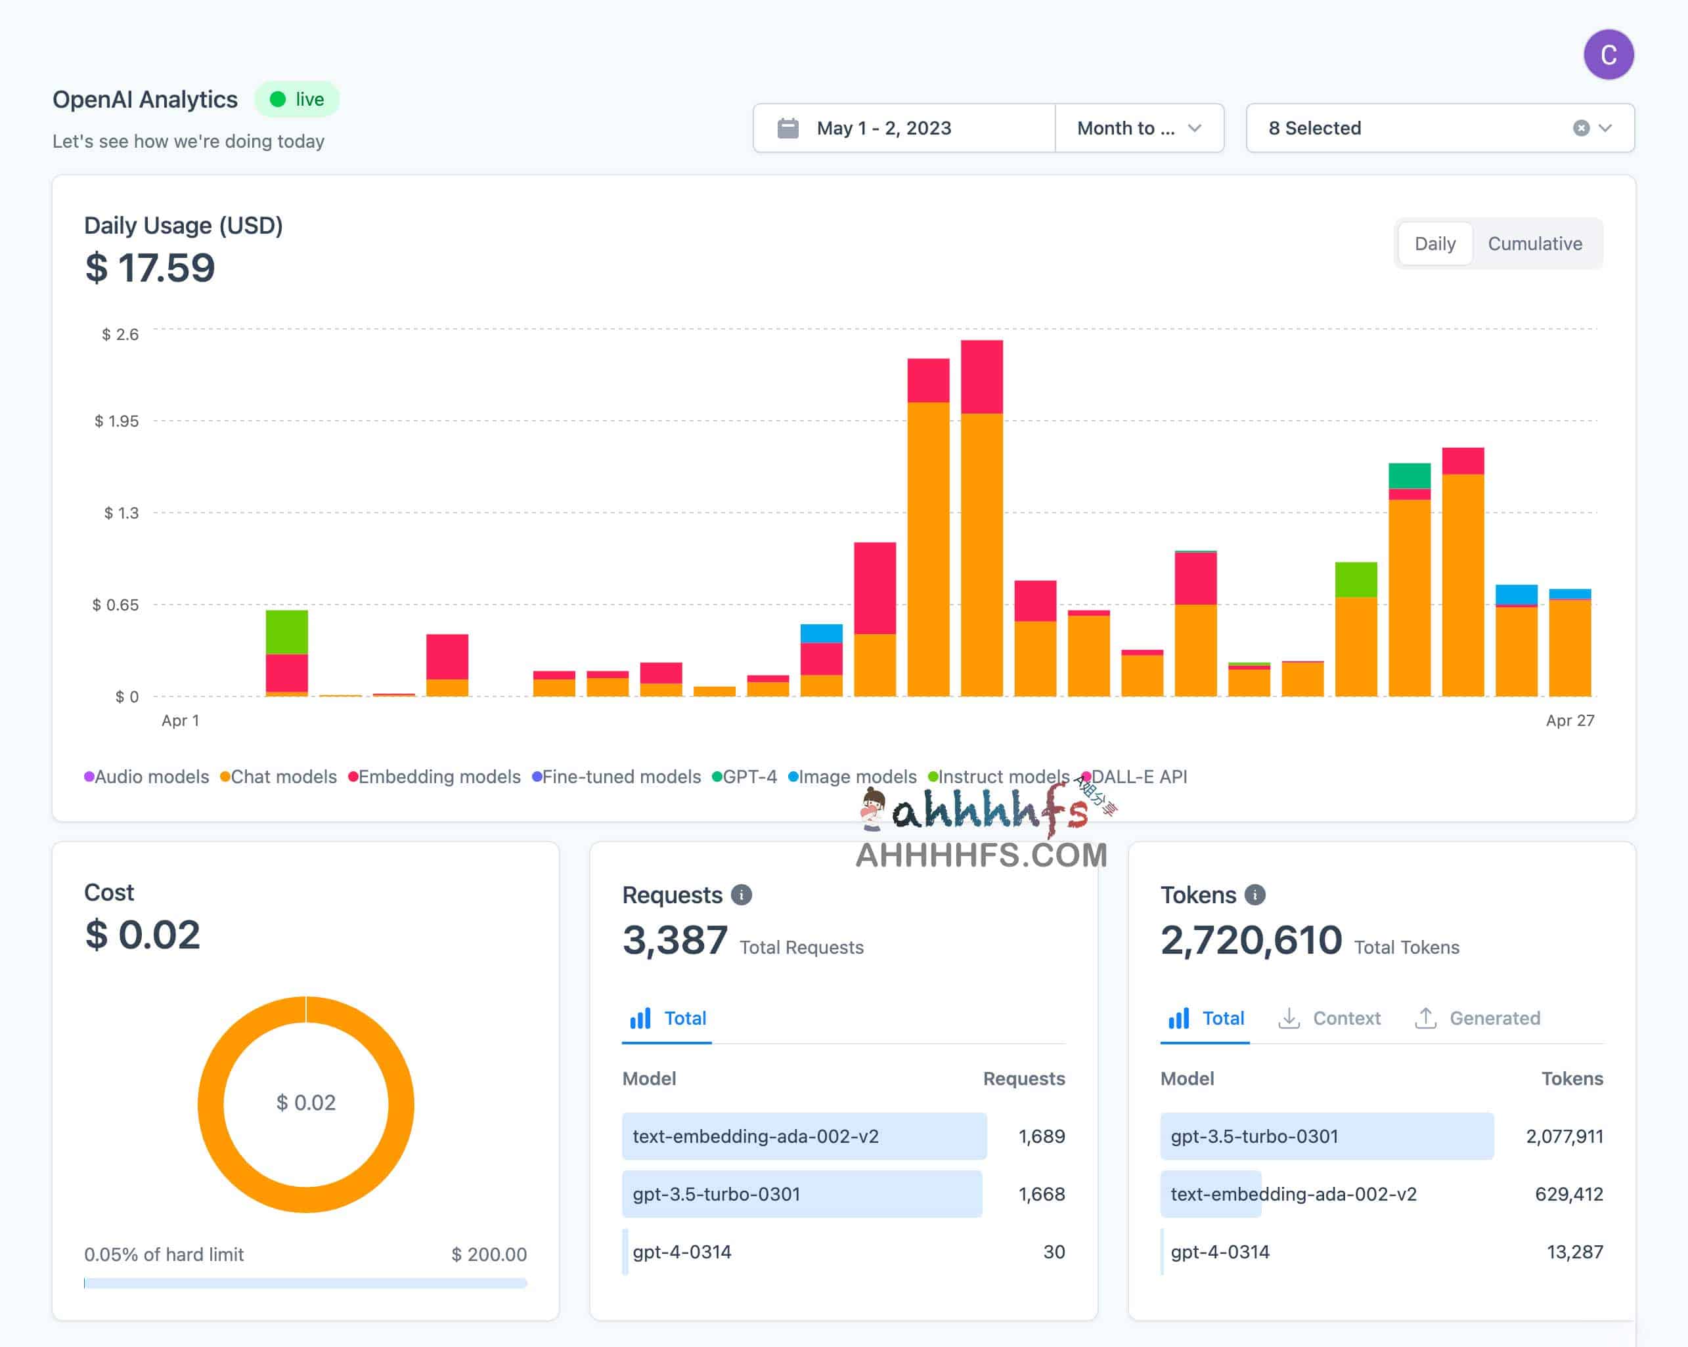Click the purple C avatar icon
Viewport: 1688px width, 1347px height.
coord(1608,54)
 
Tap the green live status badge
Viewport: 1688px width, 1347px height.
coord(297,99)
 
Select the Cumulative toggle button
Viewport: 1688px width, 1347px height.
coord(1534,244)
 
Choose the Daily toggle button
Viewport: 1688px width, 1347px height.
coord(1434,244)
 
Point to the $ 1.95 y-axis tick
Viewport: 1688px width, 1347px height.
coord(117,421)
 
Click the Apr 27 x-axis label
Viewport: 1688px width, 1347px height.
coord(1569,720)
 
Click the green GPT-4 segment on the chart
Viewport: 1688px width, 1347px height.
coord(1408,475)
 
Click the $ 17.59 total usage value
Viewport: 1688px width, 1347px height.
coord(150,268)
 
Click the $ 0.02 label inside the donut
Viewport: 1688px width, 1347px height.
coord(305,1102)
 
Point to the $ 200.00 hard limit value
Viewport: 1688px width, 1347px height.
coord(489,1254)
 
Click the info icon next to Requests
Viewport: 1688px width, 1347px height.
coord(741,895)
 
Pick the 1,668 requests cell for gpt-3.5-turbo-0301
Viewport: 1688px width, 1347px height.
coord(1040,1193)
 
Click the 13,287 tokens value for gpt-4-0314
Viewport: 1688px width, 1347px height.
coord(1574,1252)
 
